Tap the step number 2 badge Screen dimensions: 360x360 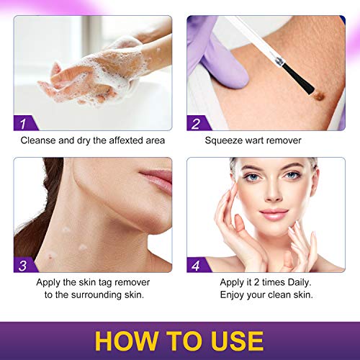coord(197,123)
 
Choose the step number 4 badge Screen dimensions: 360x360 coord(197,265)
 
